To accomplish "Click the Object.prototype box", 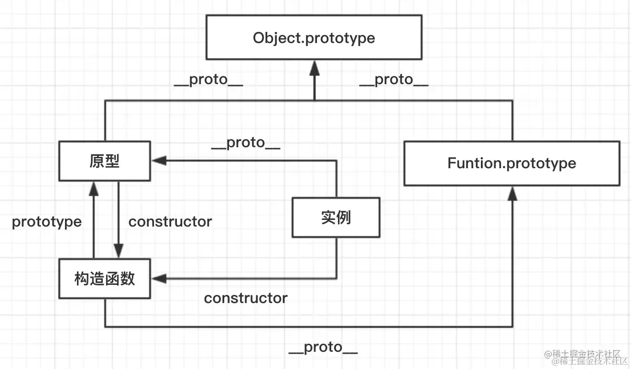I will (314, 37).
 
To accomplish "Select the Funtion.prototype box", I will (511, 163).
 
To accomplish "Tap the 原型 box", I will (104, 161).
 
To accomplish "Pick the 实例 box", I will (336, 217).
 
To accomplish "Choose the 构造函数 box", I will (104, 279).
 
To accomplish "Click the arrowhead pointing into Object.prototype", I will (314, 67).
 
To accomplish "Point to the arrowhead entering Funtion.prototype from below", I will (512, 193).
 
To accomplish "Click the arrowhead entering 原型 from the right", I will (159, 161).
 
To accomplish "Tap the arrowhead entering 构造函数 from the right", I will (159, 279).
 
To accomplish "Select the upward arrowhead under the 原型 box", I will (94, 189).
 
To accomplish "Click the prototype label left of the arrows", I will (46, 222).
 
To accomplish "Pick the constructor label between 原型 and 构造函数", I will (170, 222).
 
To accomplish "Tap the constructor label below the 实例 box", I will (246, 298).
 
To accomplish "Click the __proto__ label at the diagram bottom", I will (323, 347).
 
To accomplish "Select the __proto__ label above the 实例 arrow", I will (246, 142).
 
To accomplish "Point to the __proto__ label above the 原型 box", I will (208, 80).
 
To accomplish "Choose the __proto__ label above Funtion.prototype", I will (394, 80).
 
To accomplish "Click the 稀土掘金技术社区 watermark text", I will (587, 356).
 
